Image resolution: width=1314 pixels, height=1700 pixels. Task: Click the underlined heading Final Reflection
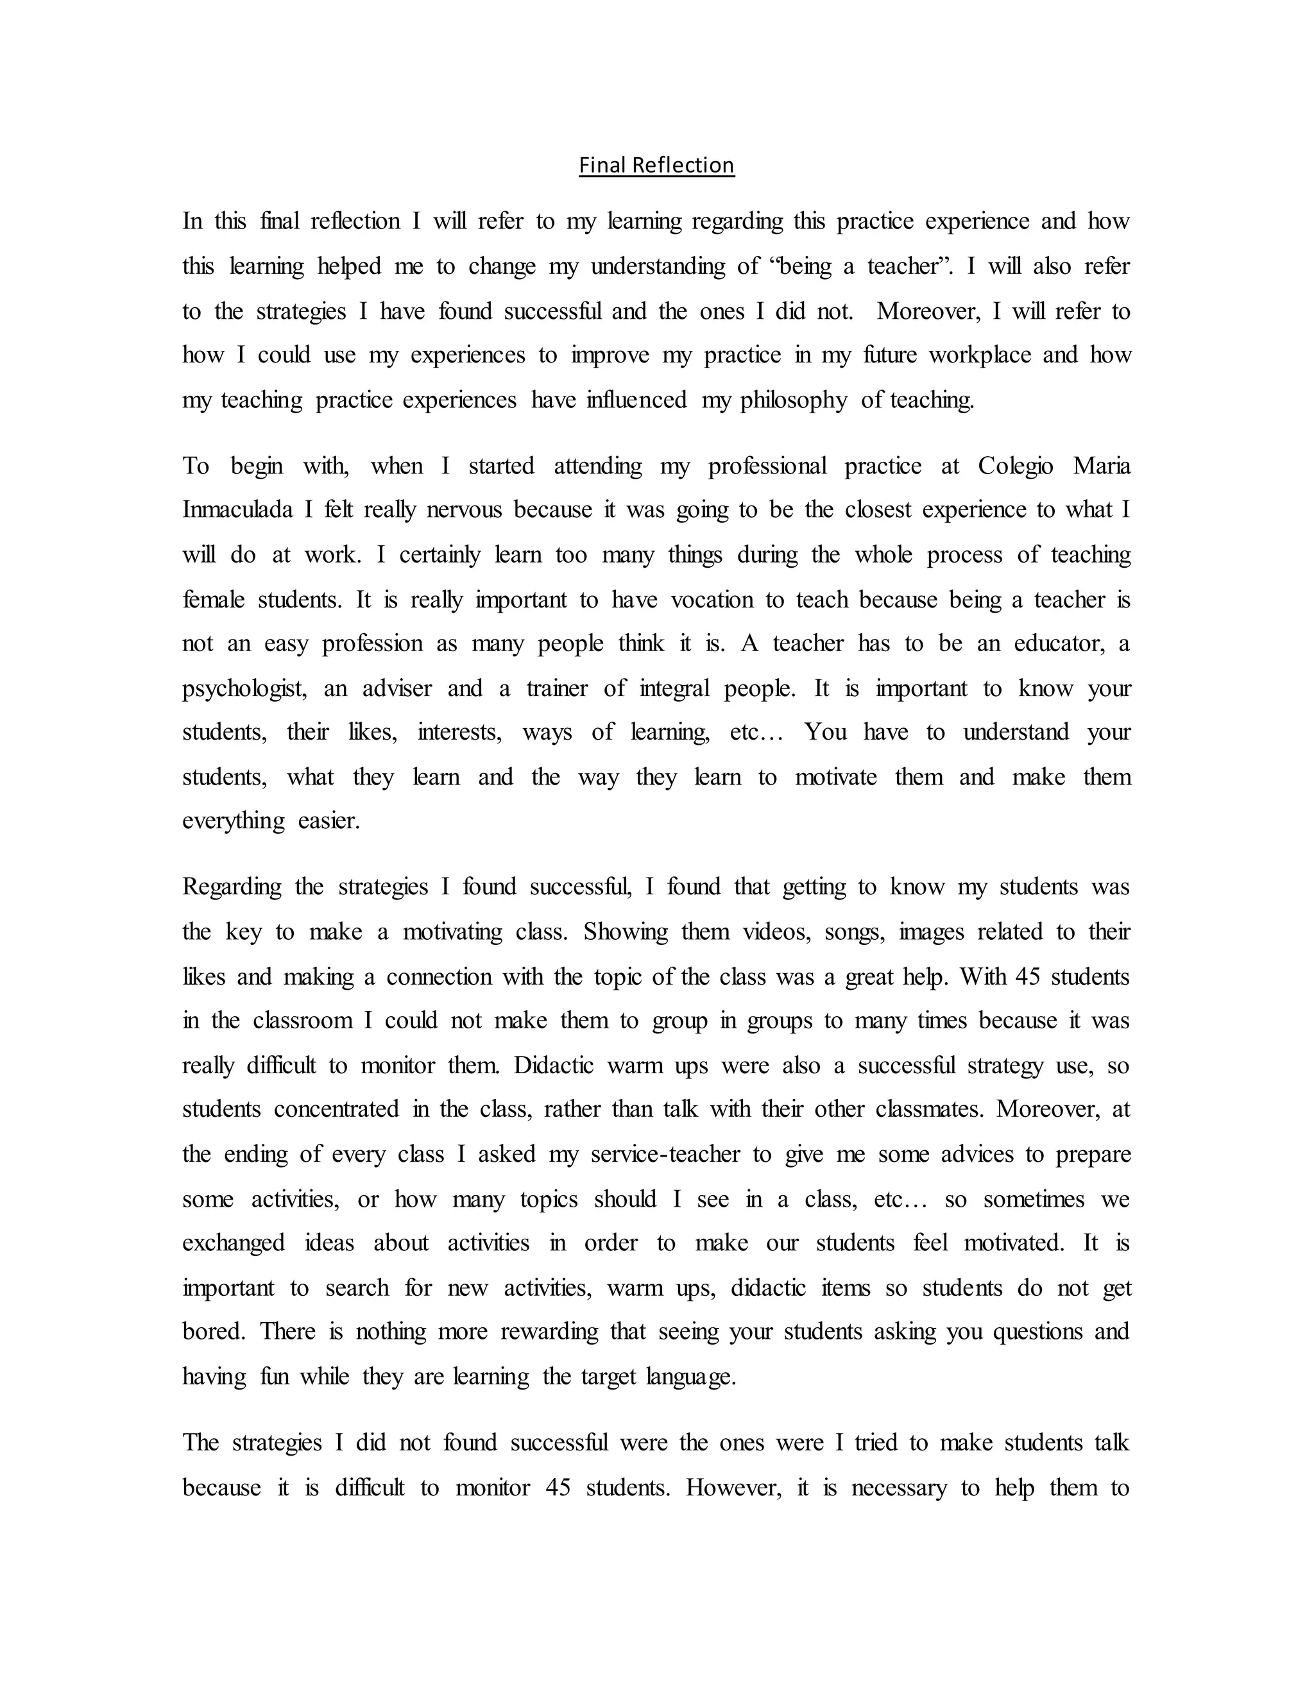pyautogui.click(x=656, y=165)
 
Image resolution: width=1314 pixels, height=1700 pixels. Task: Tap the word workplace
pyautogui.click(x=979, y=355)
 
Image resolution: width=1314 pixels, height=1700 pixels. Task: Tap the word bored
pyautogui.click(x=213, y=1332)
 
